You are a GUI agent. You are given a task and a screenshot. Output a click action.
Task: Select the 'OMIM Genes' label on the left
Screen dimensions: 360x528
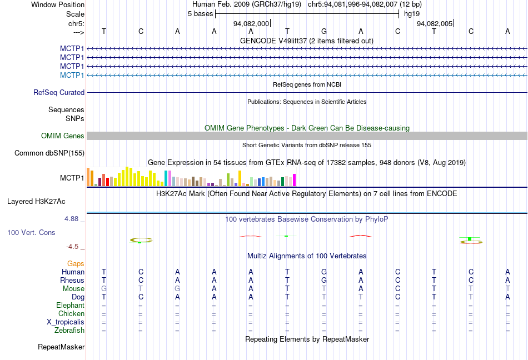63,136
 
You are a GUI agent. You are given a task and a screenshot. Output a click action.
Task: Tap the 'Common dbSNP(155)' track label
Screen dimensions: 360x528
49,153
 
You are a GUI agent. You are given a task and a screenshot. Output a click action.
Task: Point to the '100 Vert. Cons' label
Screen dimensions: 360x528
31,232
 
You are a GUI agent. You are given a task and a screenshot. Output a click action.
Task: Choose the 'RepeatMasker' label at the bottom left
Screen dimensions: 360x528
61,347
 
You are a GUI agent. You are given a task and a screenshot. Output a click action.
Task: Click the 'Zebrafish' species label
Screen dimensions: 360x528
70,331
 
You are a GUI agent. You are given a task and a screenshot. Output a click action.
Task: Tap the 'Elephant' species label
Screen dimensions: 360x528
71,306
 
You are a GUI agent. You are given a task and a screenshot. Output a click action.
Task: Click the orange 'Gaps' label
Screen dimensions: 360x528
76,263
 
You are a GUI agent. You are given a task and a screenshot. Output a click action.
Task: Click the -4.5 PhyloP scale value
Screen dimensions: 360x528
74,247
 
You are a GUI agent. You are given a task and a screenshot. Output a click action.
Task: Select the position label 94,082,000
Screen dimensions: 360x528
251,23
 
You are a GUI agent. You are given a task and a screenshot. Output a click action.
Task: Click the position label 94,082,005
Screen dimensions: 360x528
435,23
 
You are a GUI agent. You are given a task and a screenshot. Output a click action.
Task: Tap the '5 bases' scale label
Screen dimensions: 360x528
200,13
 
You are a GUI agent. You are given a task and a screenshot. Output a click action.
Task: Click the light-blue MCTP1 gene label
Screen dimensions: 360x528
72,75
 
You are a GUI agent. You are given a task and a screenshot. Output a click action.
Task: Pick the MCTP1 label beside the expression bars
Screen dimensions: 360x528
72,178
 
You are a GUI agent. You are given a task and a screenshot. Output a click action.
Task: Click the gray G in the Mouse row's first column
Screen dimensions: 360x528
103,289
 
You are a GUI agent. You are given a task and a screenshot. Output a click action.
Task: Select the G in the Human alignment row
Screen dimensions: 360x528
323,272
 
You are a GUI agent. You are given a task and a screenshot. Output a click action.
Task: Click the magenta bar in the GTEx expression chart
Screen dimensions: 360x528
294,180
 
